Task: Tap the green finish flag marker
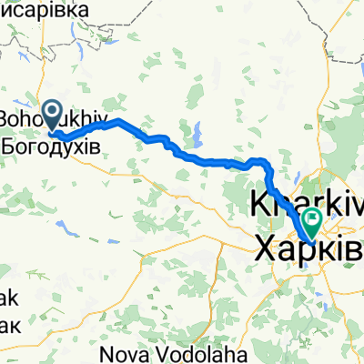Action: point(313,219)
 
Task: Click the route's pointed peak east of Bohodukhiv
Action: point(117,121)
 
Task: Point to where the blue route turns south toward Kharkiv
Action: point(269,164)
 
